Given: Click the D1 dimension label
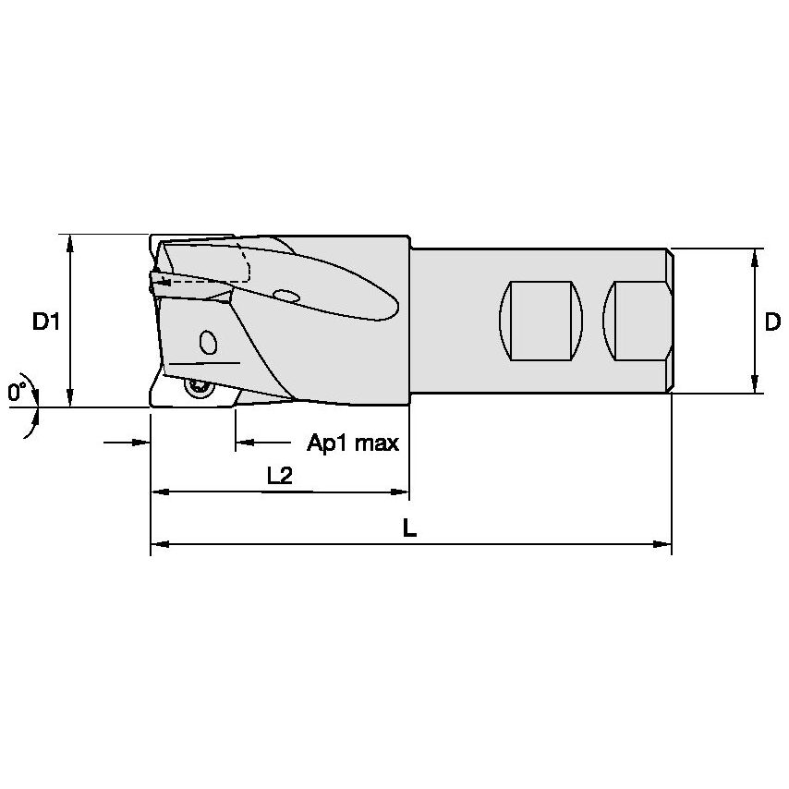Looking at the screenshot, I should pyautogui.click(x=46, y=322).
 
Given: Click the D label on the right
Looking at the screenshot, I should pyautogui.click(x=772, y=322).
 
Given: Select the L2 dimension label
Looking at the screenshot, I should pyautogui.click(x=279, y=476).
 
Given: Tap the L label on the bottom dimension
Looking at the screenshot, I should pyautogui.click(x=409, y=529).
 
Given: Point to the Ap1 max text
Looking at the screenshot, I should pyautogui.click(x=353, y=443).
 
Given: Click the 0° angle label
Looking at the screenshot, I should pyautogui.click(x=17, y=393).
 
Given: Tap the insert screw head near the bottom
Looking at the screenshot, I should pyautogui.click(x=198, y=389).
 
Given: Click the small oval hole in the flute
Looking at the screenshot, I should pyautogui.click(x=286, y=296).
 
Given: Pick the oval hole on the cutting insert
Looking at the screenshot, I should pyautogui.click(x=208, y=343).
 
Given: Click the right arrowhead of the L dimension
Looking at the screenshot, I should pyautogui.click(x=663, y=545).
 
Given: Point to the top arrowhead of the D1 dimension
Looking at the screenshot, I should pyautogui.click(x=71, y=242).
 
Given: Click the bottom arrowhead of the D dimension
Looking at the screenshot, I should pyautogui.click(x=756, y=386).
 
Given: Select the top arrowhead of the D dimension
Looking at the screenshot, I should pyautogui.click(x=756, y=257).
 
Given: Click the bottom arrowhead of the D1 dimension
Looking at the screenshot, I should pyautogui.click(x=71, y=399).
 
